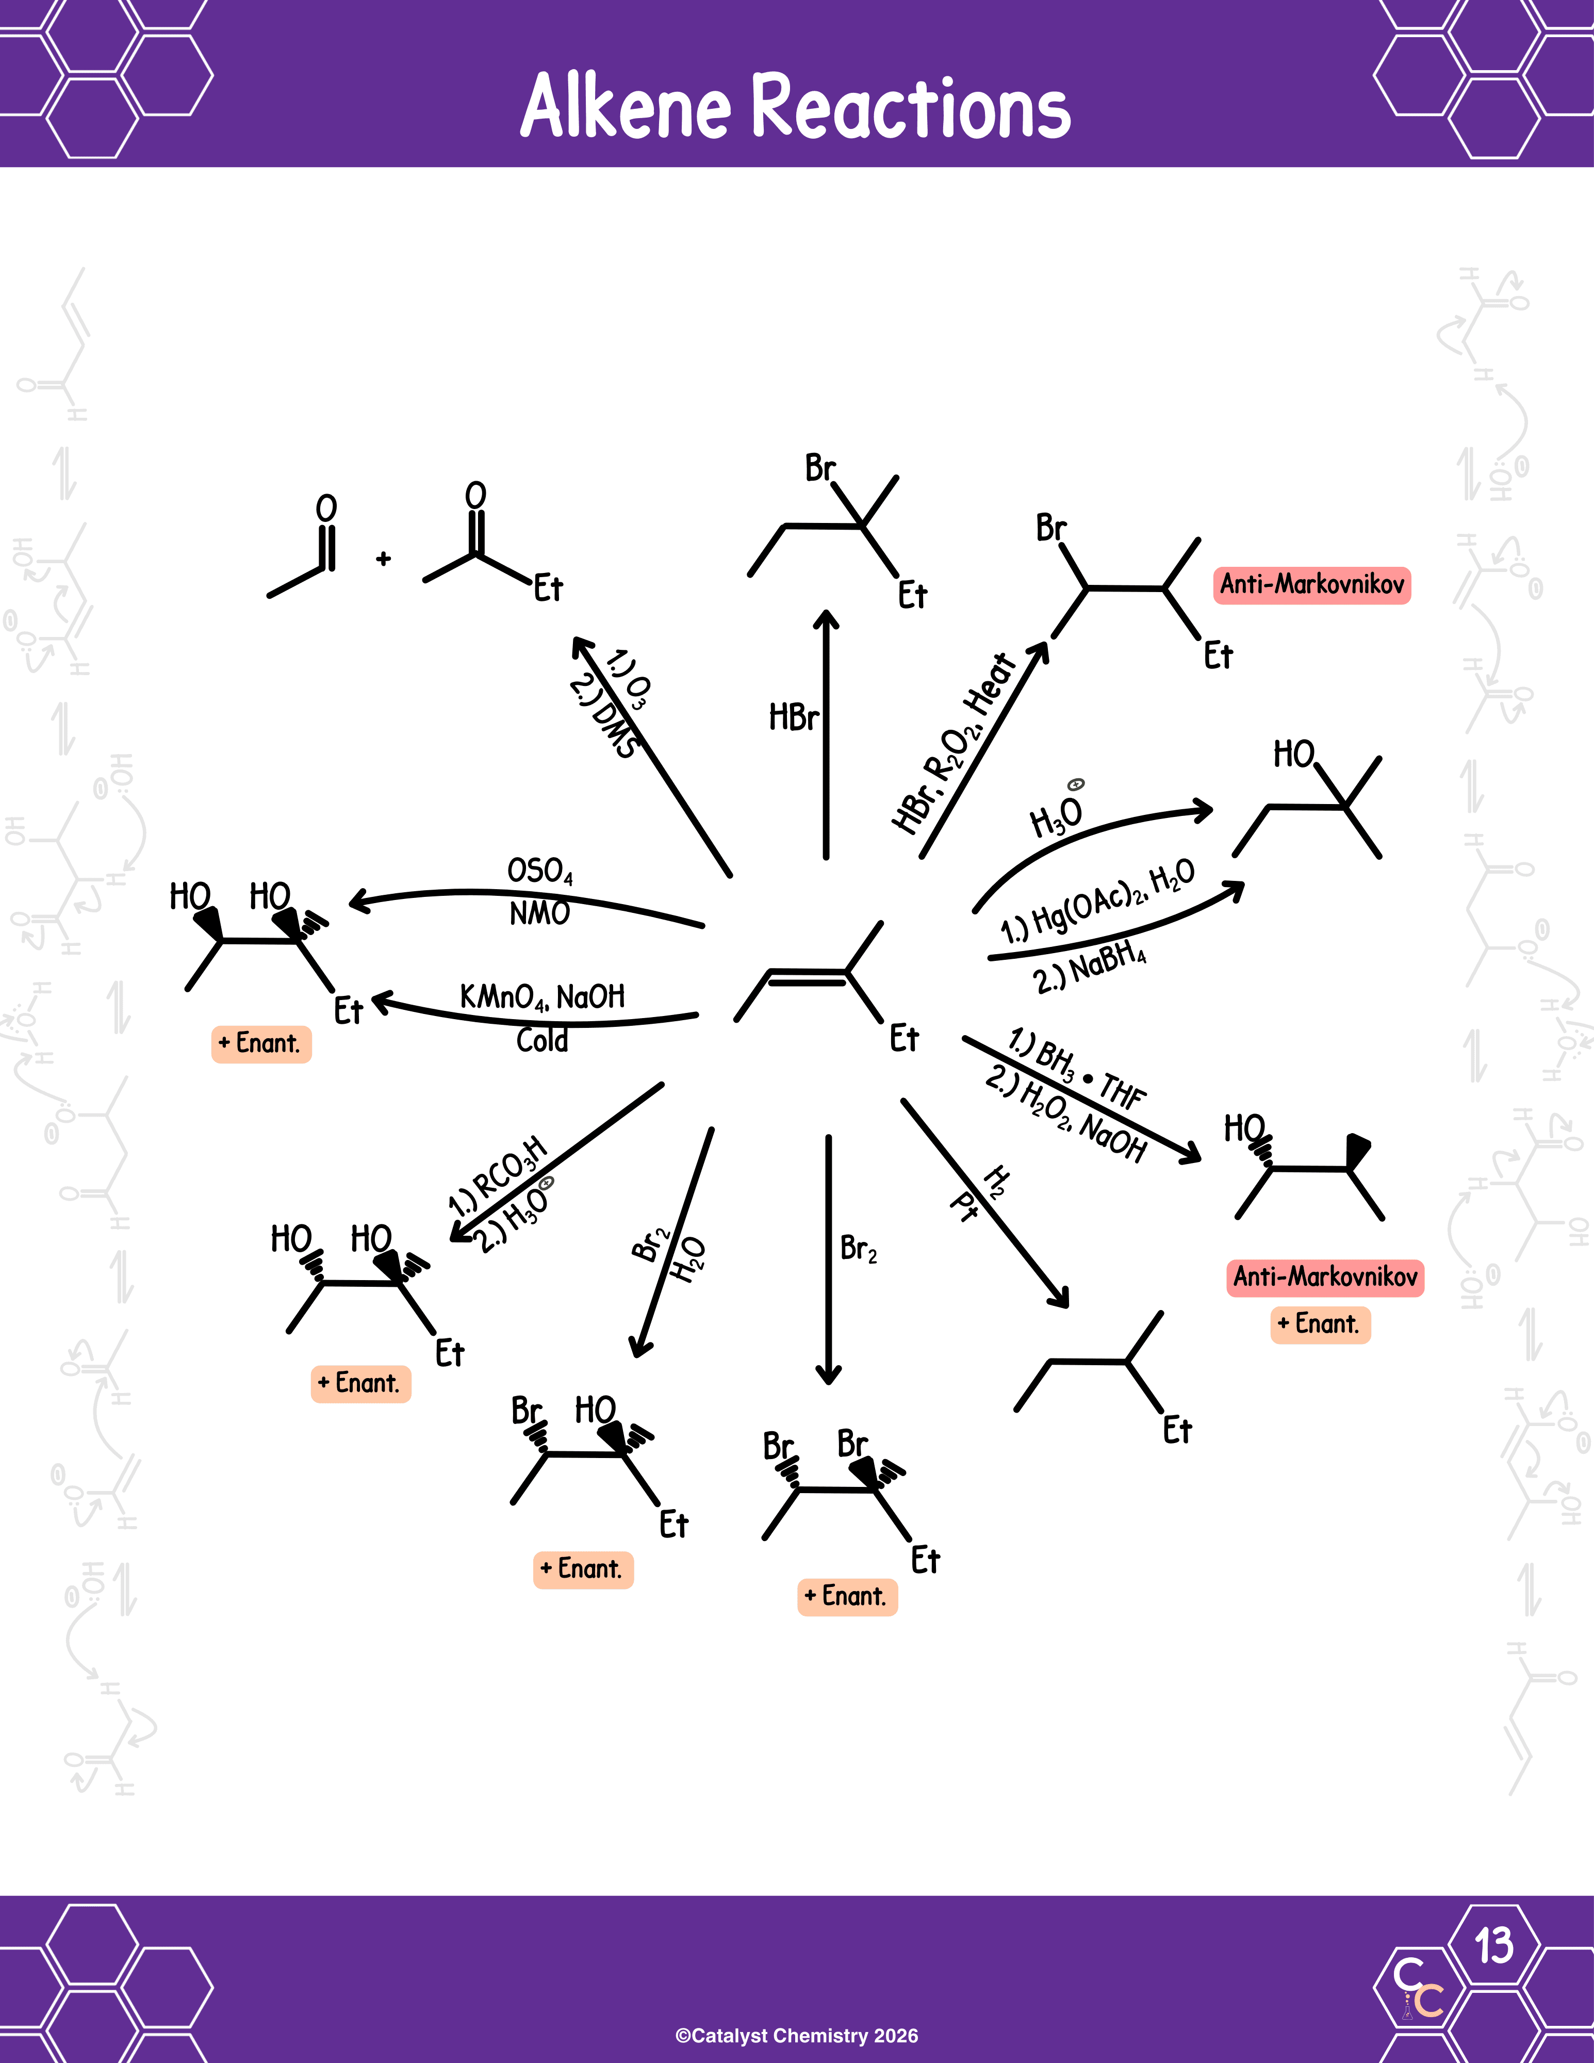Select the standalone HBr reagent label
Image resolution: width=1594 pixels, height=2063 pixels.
tap(793, 718)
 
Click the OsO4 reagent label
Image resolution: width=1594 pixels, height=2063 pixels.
tap(539, 871)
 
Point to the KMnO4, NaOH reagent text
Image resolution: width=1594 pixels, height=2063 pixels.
tap(542, 996)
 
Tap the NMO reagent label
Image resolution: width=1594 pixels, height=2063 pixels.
tap(539, 913)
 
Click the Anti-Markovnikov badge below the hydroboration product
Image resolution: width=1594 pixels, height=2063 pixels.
tap(1325, 1277)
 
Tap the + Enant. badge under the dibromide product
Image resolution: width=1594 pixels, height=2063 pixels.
tap(847, 1596)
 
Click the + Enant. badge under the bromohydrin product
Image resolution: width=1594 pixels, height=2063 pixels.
tap(583, 1569)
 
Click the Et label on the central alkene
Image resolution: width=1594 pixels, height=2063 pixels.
tap(903, 1039)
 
